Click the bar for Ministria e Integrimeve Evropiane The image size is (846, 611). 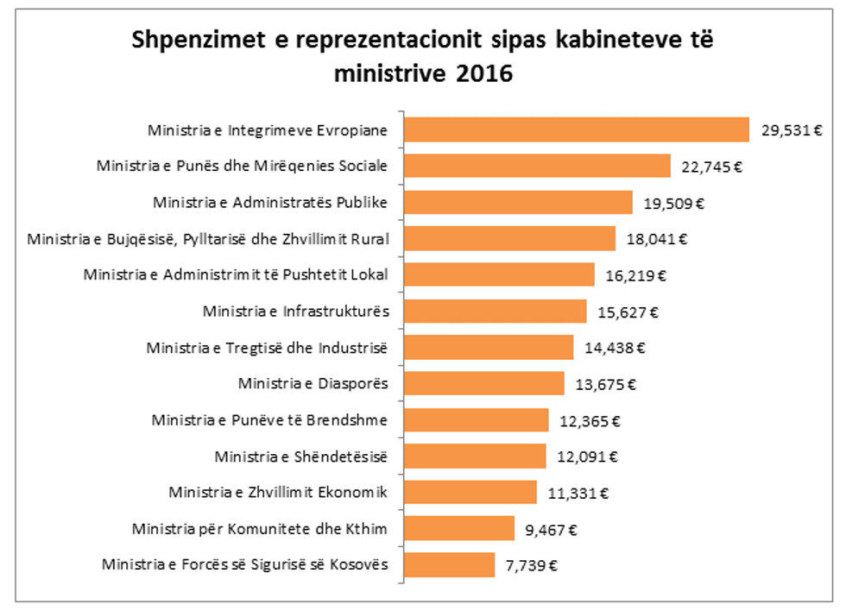(577, 129)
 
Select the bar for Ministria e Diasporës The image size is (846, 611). (484, 383)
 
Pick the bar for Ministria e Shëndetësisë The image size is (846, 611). (476, 456)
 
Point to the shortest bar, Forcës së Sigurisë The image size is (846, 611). (450, 565)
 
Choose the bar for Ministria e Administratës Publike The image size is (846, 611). (519, 202)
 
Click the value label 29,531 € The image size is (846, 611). (790, 130)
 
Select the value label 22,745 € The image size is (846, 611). (711, 167)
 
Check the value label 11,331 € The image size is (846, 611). (578, 494)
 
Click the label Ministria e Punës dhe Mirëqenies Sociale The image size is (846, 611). (243, 166)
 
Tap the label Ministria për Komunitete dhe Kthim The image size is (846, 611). (260, 529)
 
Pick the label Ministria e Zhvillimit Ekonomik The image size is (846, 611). (278, 493)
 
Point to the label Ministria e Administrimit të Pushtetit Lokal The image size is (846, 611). (236, 274)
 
